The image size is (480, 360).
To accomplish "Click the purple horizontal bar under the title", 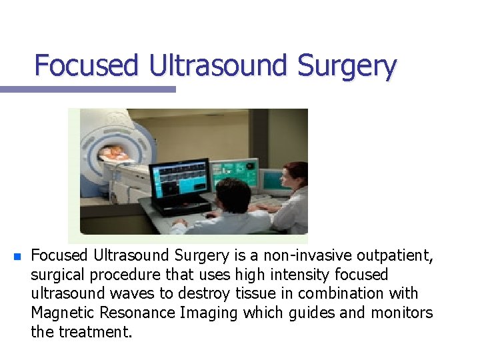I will [87, 89].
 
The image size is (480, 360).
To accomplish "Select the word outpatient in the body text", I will [394, 256].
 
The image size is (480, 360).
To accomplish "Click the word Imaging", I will [208, 312].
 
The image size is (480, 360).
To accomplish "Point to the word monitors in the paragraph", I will [402, 312].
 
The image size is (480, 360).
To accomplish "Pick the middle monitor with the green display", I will [234, 172].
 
